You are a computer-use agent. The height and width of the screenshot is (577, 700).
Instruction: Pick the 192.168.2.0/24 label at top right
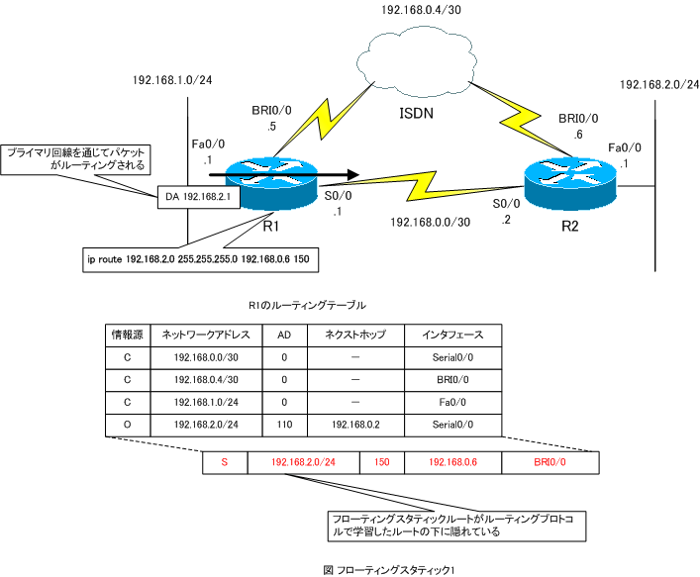(658, 86)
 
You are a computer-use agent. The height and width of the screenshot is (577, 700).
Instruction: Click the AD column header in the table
(285, 335)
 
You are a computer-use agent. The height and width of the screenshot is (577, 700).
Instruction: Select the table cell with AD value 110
(285, 423)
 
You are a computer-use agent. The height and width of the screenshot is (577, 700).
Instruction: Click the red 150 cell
(381, 462)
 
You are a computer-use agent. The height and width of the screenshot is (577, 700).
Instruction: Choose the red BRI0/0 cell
(550, 462)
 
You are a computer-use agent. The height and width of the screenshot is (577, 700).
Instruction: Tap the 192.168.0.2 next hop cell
(355, 423)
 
